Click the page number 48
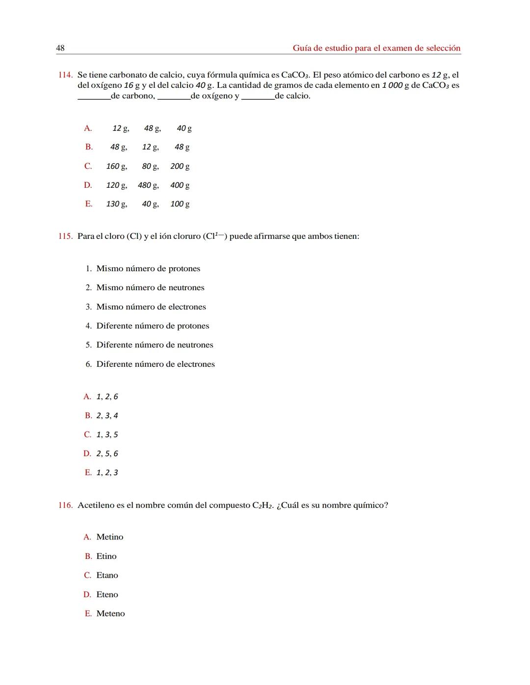60,48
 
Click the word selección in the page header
442,48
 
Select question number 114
65,75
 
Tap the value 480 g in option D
148,185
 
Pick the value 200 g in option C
180,166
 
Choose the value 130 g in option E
116,204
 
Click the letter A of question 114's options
88,128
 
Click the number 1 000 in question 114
392,85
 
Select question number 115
65,236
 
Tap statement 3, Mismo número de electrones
151,307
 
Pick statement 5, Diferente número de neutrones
155,345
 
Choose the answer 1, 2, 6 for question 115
107,397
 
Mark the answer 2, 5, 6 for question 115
107,454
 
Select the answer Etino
106,557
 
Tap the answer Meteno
110,614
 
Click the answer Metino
110,537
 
